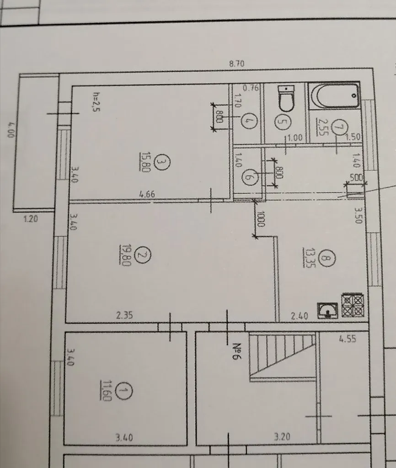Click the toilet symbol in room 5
pos(286,98)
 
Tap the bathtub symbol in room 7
pos(334,96)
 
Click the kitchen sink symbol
pos(328,311)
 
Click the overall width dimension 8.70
pos(236,64)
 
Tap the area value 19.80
pos(125,255)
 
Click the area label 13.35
pos(309,257)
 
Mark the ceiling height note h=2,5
pos(96,101)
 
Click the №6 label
pos(236,351)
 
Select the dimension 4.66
pos(147,194)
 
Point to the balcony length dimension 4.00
pos(11,129)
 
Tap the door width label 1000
pos(260,219)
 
